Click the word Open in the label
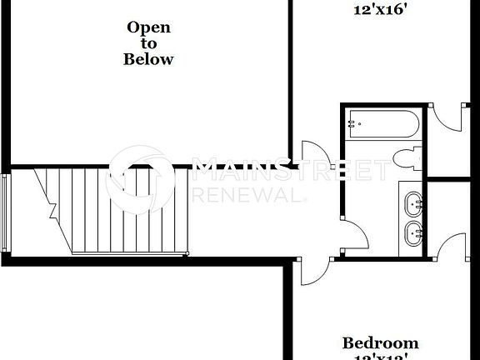(x=148, y=27)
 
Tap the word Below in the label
(x=148, y=59)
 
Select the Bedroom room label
(x=381, y=342)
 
